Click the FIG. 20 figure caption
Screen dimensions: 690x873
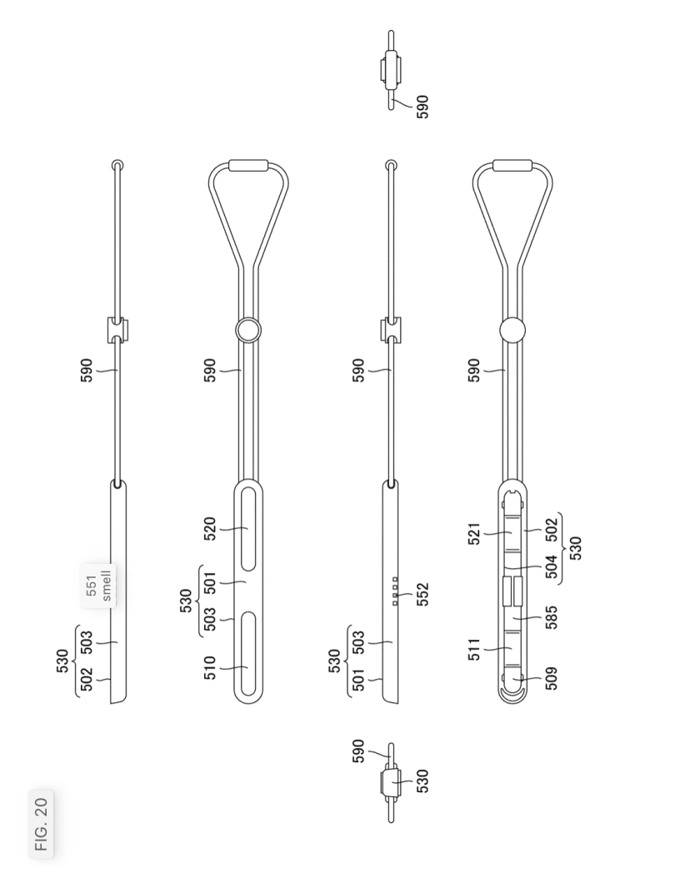[42, 823]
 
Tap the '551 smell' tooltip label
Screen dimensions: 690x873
[99, 586]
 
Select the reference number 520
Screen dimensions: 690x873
[209, 529]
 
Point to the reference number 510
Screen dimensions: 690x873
[209, 667]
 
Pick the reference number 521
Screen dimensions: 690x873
[474, 533]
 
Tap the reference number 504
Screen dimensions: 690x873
[552, 566]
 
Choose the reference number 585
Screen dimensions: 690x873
[552, 617]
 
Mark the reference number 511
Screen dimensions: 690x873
[474, 649]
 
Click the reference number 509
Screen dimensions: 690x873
[552, 677]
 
